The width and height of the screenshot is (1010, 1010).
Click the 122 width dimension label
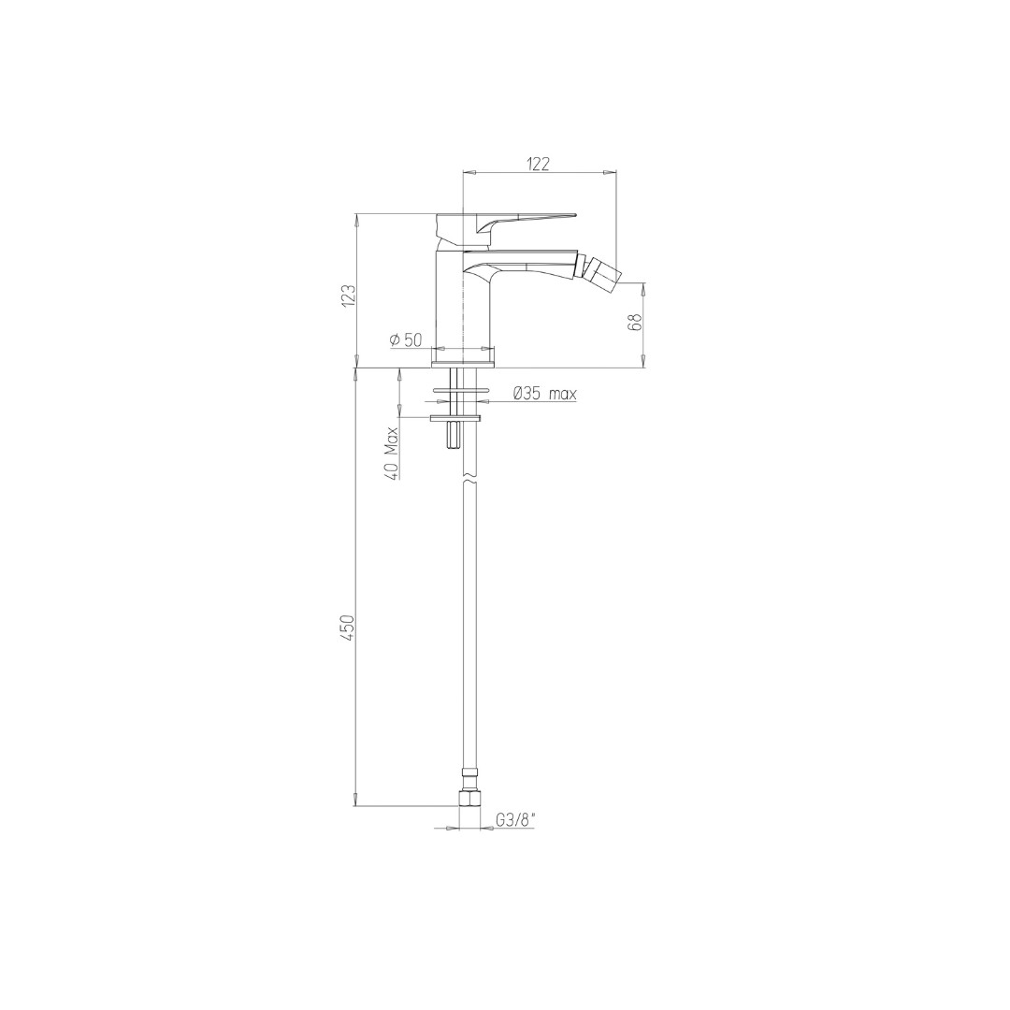(x=540, y=164)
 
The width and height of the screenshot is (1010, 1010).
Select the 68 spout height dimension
(x=634, y=323)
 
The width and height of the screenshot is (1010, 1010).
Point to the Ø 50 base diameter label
(x=406, y=339)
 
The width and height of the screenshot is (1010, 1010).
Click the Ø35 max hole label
(x=544, y=393)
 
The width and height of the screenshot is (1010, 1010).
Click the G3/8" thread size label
(x=515, y=820)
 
